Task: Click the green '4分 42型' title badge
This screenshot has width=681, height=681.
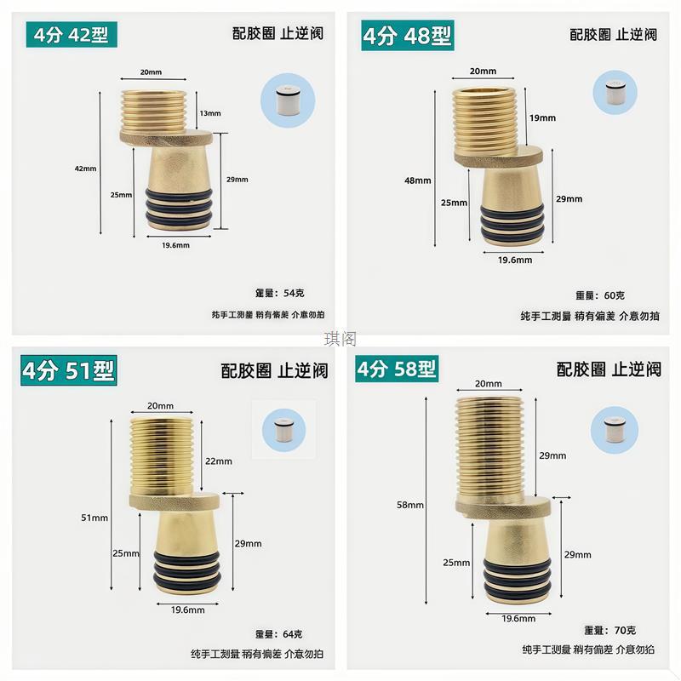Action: point(72,35)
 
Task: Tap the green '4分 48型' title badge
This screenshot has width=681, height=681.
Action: point(408,37)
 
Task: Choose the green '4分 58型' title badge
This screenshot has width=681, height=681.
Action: point(397,369)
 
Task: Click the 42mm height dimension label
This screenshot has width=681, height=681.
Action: point(86,169)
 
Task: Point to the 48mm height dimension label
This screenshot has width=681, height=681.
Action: point(417,180)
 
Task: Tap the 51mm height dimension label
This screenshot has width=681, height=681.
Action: point(94,518)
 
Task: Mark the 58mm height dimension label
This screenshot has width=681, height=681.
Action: point(409,505)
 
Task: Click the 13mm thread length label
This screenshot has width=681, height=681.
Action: point(209,113)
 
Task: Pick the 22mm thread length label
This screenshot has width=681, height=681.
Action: point(218,461)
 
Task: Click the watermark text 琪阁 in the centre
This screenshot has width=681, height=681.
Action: point(340,340)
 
